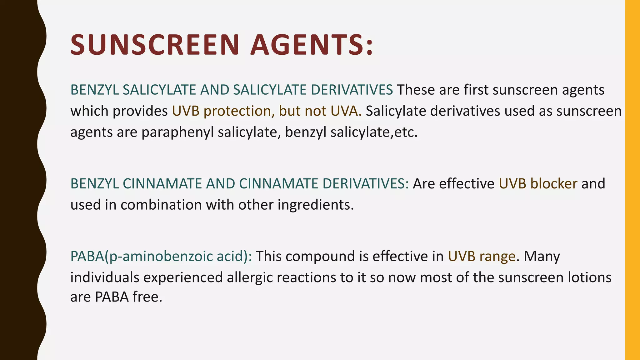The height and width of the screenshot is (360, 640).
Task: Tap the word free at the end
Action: tap(147, 297)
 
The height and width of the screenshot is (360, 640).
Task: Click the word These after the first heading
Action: tap(416, 90)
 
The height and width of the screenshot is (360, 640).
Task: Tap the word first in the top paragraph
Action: tap(476, 90)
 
